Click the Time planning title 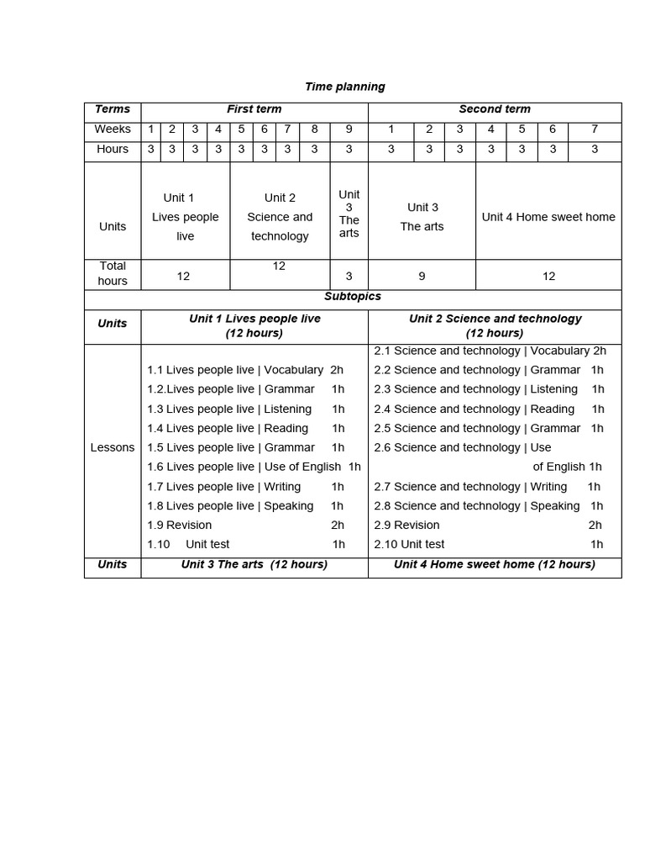point(344,87)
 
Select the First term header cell point(254,109)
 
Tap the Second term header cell point(494,109)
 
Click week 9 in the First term point(349,129)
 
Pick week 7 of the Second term point(595,129)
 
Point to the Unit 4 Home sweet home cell point(548,217)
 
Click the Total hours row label point(113,273)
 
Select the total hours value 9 point(422,276)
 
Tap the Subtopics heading point(353,297)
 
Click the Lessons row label point(113,447)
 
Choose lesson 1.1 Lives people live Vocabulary point(245,370)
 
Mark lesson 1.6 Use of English point(254,467)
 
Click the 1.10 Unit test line point(246,544)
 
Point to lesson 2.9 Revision point(488,525)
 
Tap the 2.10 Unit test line point(488,544)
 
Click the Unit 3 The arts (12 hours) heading point(254,564)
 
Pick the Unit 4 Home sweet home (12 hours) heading point(494,564)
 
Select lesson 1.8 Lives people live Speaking point(245,505)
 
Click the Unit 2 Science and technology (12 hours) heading point(495,325)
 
